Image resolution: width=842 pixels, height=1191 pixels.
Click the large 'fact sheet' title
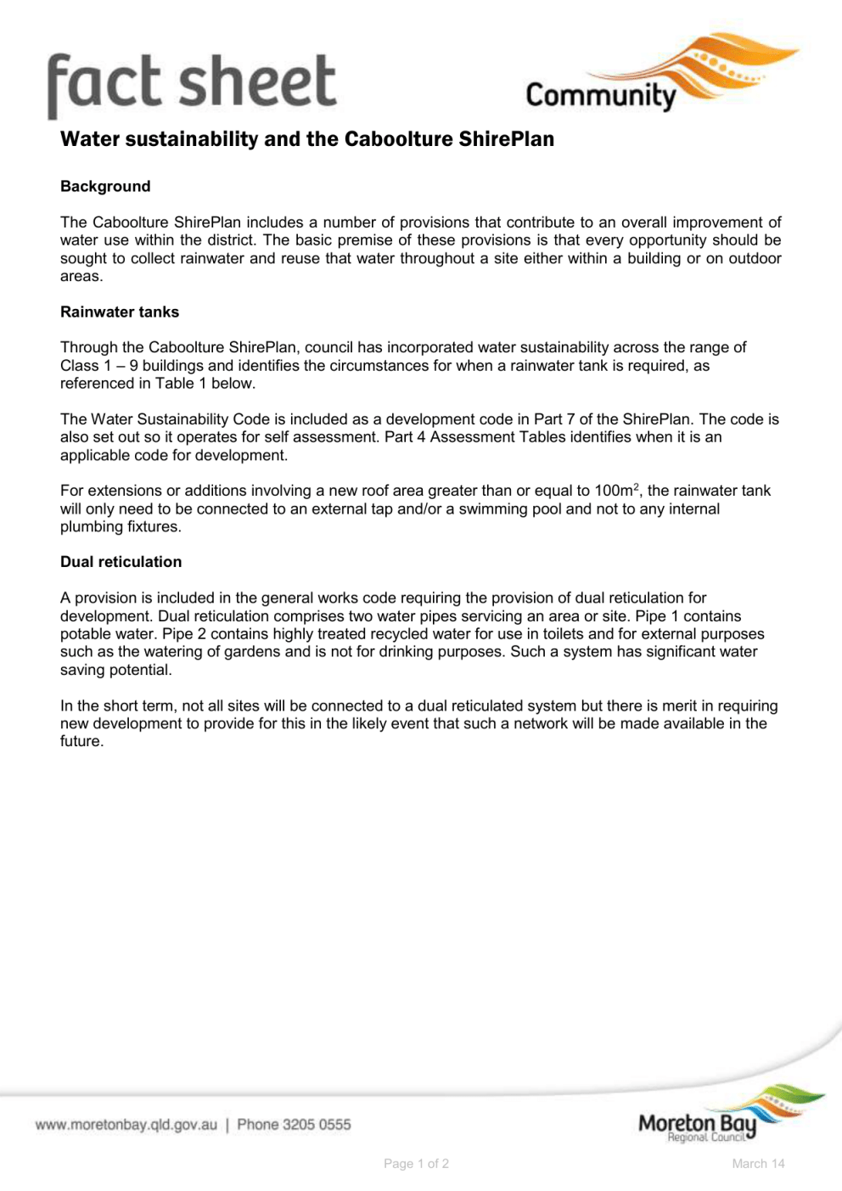click(x=192, y=82)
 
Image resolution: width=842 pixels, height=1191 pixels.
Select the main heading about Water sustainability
click(x=306, y=139)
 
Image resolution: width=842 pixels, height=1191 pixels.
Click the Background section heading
click(x=105, y=187)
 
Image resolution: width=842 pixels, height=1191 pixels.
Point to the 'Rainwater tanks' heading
click(x=120, y=312)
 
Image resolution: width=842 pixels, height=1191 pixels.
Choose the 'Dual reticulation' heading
click(x=121, y=562)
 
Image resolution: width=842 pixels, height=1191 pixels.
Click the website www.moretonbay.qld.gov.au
click(x=126, y=1125)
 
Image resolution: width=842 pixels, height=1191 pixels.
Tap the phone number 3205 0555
click(x=317, y=1125)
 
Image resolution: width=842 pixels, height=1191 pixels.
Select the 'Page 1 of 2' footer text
click(x=416, y=1164)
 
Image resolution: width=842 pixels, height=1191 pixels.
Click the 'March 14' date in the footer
click(x=758, y=1164)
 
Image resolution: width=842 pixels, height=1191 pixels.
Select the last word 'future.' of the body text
click(x=82, y=742)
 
